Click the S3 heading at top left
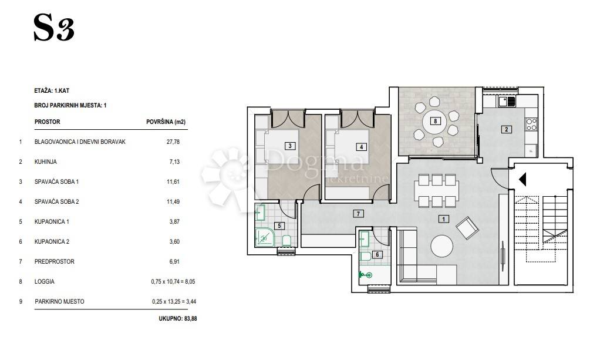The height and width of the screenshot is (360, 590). pyautogui.click(x=54, y=28)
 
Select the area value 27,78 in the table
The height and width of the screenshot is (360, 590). pyautogui.click(x=173, y=142)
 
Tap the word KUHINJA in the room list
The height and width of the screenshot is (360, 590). pyautogui.click(x=46, y=162)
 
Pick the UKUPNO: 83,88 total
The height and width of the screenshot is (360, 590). pyautogui.click(x=178, y=318)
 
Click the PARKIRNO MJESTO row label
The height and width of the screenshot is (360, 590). pyautogui.click(x=59, y=302)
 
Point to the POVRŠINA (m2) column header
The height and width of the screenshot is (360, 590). pyautogui.click(x=166, y=122)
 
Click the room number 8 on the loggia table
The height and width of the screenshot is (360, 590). pyautogui.click(x=436, y=121)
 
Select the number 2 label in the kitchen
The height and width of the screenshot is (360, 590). pyautogui.click(x=507, y=130)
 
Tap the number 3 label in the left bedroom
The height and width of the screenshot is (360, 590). pyautogui.click(x=290, y=146)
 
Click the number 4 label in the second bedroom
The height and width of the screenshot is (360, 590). pyautogui.click(x=361, y=147)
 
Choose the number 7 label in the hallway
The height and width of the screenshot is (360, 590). pyautogui.click(x=358, y=214)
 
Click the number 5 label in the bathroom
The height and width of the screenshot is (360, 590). pyautogui.click(x=279, y=226)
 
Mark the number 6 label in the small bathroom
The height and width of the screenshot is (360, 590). pyautogui.click(x=377, y=254)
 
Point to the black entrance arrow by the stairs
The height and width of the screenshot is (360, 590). pyautogui.click(x=522, y=179)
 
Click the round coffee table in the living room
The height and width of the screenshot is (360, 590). pyautogui.click(x=441, y=246)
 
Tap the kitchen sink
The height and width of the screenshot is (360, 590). pyautogui.click(x=507, y=101)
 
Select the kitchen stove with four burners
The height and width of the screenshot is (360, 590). pyautogui.click(x=531, y=125)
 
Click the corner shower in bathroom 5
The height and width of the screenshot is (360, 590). pyautogui.click(x=265, y=238)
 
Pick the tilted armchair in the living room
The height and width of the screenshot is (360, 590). pyautogui.click(x=467, y=228)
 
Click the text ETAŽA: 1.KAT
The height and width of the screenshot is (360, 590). pyautogui.click(x=52, y=91)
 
